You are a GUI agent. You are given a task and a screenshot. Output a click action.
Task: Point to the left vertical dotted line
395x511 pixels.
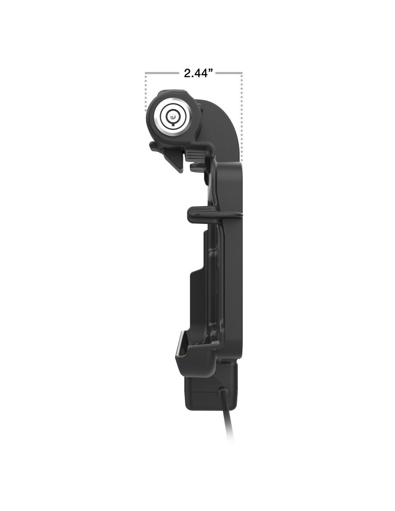[x=146, y=92]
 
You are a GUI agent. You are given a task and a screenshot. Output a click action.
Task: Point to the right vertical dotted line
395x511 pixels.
[x=241, y=117]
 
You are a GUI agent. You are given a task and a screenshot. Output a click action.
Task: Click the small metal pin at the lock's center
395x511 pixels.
[x=172, y=116]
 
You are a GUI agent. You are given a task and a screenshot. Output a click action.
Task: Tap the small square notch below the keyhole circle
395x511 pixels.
[x=173, y=124]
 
